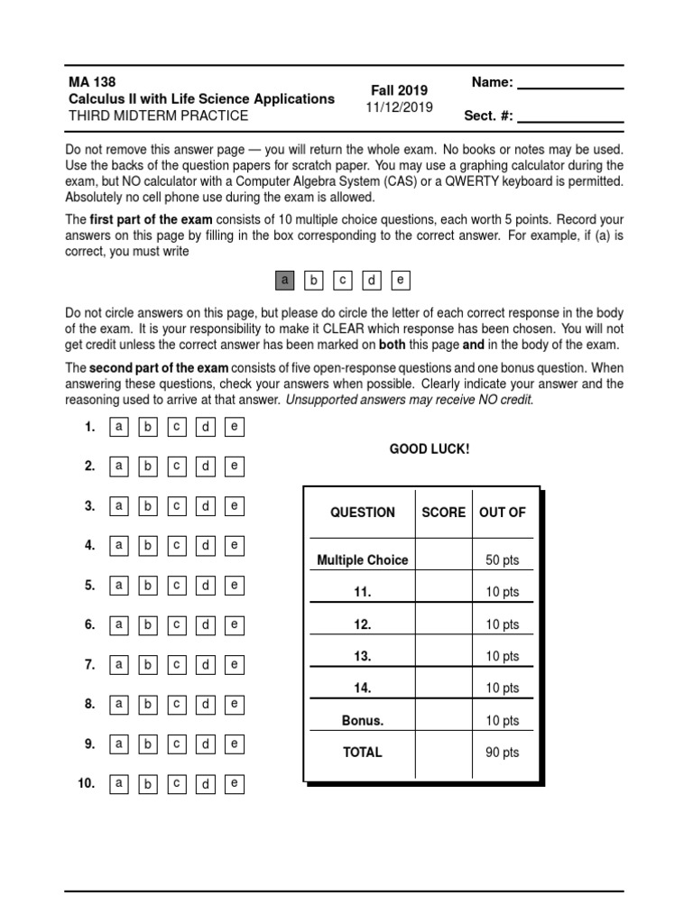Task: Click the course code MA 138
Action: [x=92, y=81]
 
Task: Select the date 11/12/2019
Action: [x=399, y=107]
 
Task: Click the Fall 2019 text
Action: [x=399, y=90]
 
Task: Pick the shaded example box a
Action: [x=285, y=281]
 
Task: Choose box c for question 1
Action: [x=177, y=427]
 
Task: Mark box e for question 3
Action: [x=234, y=506]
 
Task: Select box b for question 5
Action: [x=147, y=586]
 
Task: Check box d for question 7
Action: [x=206, y=665]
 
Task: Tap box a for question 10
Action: [x=118, y=784]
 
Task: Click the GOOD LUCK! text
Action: [x=430, y=448]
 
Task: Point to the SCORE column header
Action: [x=444, y=512]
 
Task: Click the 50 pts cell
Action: [x=503, y=560]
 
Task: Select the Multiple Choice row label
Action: [x=363, y=560]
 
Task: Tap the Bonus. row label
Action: [x=363, y=720]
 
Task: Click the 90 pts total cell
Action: [x=503, y=753]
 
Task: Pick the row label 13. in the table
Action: [x=363, y=656]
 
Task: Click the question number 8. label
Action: [x=90, y=704]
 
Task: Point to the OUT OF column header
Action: [x=503, y=512]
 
